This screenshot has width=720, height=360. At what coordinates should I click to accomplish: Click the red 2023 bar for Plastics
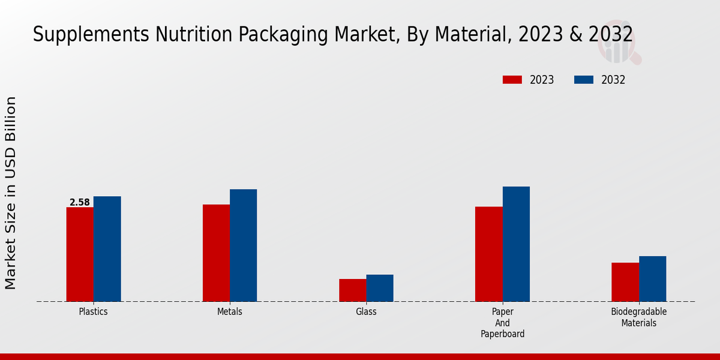tap(80, 254)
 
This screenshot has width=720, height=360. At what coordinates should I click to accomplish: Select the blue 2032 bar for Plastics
tap(107, 249)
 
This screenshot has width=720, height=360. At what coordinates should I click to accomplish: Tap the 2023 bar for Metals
tap(216, 253)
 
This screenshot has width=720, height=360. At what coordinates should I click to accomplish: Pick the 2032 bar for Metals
tap(243, 245)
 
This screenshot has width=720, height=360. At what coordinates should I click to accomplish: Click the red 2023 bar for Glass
tap(352, 290)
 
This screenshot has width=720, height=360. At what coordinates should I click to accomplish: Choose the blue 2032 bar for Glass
tap(380, 288)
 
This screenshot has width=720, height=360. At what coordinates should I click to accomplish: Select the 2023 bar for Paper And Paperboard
tap(488, 254)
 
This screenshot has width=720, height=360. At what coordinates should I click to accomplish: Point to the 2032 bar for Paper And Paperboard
tap(516, 244)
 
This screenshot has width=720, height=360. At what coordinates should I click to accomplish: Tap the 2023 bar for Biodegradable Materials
tap(625, 282)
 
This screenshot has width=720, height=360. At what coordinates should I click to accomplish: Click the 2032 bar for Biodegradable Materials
tap(652, 279)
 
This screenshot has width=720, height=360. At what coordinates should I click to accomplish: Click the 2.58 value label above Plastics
tap(80, 203)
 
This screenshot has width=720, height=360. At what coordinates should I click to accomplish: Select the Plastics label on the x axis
tap(94, 312)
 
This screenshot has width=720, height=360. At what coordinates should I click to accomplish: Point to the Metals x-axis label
tap(230, 312)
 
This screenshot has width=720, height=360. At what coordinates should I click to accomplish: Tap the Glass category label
tap(366, 312)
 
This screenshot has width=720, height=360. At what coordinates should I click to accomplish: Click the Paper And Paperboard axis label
tap(502, 323)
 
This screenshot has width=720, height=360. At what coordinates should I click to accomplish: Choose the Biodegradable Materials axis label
tap(638, 317)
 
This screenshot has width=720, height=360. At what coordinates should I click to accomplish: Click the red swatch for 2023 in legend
tap(512, 80)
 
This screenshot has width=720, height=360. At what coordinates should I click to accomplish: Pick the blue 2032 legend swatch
tap(584, 80)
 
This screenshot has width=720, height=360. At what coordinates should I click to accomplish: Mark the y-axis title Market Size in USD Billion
tap(11, 192)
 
